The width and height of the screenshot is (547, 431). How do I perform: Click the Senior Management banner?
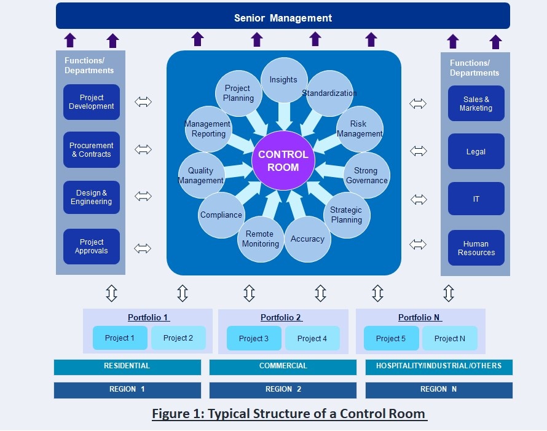click(283, 17)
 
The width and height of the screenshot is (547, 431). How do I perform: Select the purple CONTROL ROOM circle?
click(283, 162)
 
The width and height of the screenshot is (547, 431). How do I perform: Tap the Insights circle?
click(283, 80)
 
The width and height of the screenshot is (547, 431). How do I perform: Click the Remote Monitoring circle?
click(261, 239)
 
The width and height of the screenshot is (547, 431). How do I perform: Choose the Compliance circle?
click(221, 215)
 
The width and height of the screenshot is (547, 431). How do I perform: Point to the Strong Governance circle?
click(366, 175)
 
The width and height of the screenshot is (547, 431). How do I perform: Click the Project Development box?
click(91, 102)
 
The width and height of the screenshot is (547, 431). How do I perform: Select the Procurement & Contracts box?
click(91, 150)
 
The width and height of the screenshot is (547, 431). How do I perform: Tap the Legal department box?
click(476, 151)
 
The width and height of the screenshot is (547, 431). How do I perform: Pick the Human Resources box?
click(476, 248)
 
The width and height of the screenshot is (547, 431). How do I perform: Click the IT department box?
click(476, 199)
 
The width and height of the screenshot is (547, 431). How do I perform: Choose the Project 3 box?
click(254, 339)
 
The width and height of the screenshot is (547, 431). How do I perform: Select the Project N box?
click(449, 338)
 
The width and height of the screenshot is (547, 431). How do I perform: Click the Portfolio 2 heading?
click(281, 317)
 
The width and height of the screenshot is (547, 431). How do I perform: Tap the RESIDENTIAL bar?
click(127, 366)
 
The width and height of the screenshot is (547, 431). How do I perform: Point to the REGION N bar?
click(438, 390)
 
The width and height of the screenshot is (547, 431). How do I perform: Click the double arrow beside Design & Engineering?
click(143, 197)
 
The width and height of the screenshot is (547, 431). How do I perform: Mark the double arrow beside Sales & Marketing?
click(418, 103)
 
